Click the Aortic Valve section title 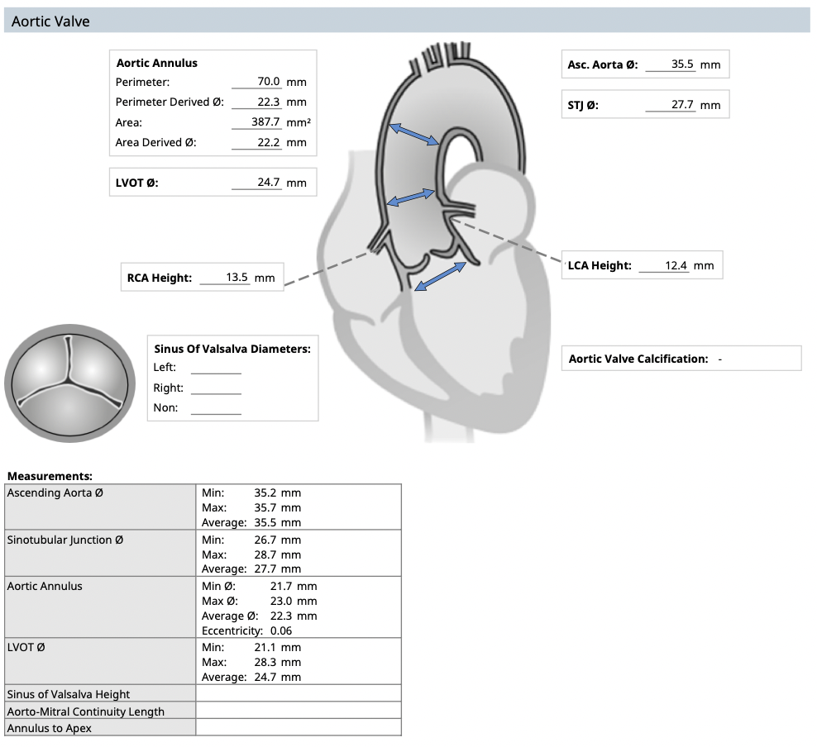click(x=50, y=21)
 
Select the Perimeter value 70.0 click(x=269, y=82)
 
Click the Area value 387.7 click(x=266, y=122)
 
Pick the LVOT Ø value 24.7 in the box click(x=268, y=182)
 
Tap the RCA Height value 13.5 click(x=237, y=278)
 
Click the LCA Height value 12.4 click(x=676, y=265)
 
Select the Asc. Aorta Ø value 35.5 click(x=682, y=64)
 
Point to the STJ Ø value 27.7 click(x=682, y=105)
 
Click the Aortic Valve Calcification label click(x=638, y=359)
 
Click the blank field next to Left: click(x=216, y=368)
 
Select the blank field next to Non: click(x=216, y=408)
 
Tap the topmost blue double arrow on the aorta click(x=413, y=134)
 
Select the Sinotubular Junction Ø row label click(x=65, y=540)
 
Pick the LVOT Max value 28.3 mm click(x=277, y=662)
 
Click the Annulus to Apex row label click(x=50, y=728)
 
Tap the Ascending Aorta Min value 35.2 click(x=277, y=492)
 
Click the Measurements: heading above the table click(x=50, y=476)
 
